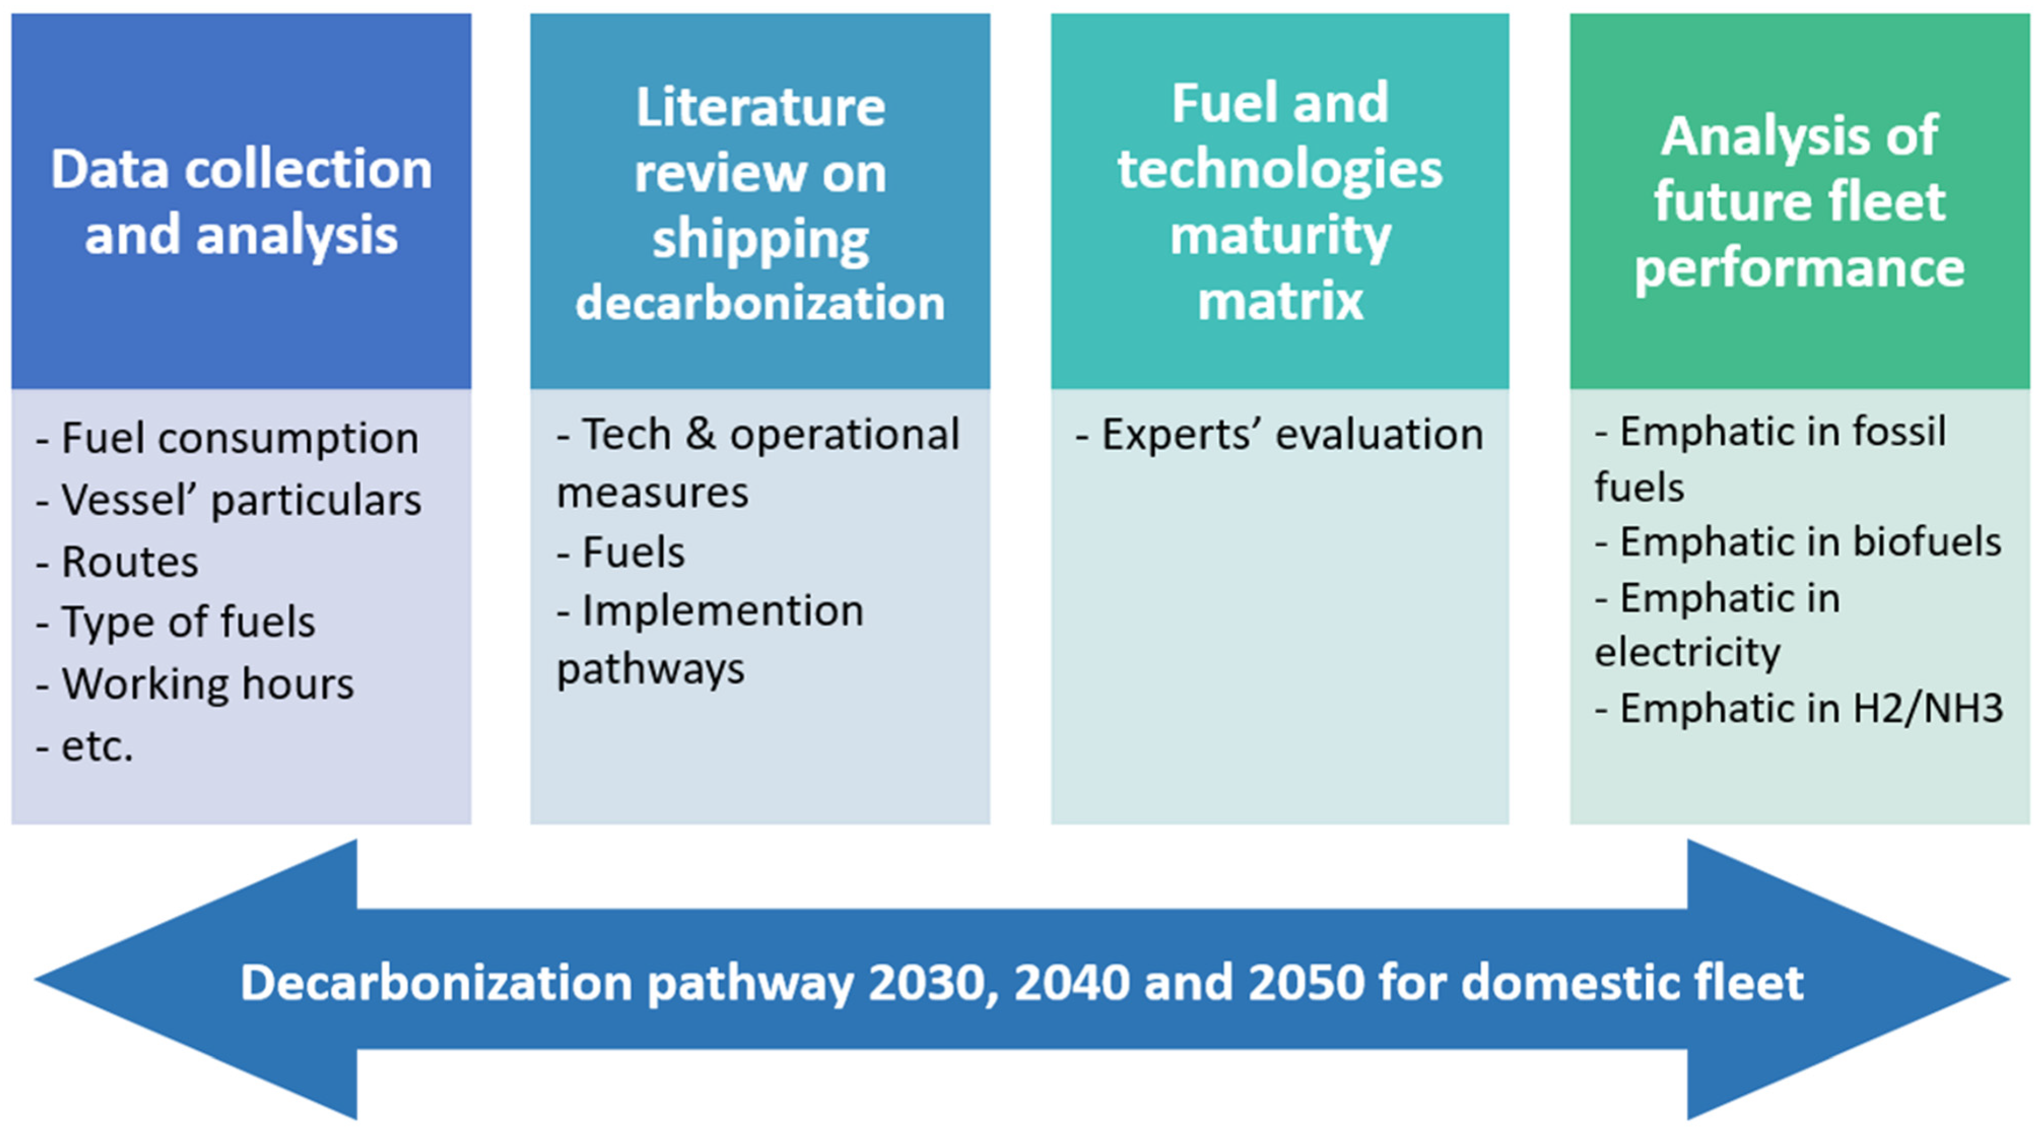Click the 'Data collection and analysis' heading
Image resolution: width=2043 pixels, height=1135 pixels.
pos(241,202)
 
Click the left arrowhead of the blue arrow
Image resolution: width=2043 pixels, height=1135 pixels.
pos(198,980)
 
